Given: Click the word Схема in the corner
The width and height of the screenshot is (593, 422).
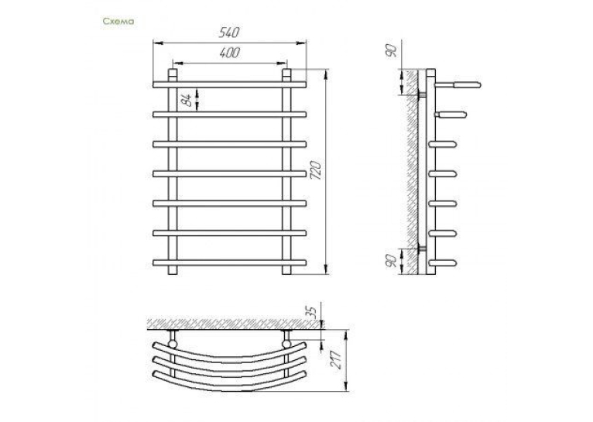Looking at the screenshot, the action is coord(118,21).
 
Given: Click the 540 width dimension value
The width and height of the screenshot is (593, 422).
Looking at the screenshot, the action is coord(229,33).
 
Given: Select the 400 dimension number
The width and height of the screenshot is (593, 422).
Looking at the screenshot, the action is coord(230,53).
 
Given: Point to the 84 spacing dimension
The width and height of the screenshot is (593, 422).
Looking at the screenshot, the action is coord(185,100).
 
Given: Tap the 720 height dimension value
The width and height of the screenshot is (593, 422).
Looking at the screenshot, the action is coord(315,170).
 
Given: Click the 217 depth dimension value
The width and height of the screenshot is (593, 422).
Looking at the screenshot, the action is coord(336,358).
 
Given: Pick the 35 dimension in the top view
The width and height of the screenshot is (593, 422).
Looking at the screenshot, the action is coord(310,311).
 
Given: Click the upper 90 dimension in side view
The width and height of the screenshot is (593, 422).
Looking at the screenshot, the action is coord(392,50).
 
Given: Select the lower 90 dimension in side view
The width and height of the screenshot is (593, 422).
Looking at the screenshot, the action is coord(392,261).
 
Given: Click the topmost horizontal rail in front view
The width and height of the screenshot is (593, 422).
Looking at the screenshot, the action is coord(230,84).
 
